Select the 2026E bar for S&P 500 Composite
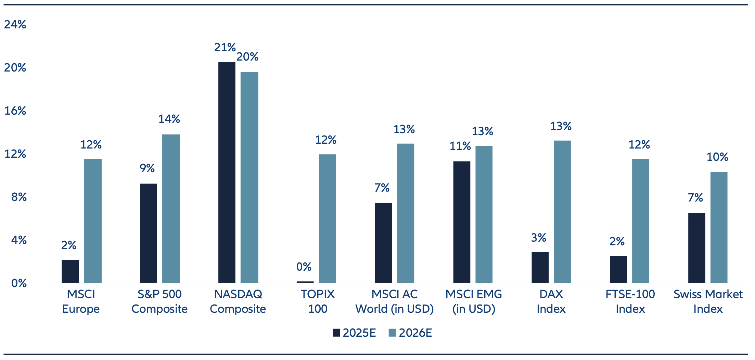point(171,208)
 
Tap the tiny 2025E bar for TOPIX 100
point(305,282)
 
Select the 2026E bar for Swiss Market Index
point(719,227)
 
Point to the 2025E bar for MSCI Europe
point(70,271)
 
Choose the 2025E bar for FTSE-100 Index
point(618,269)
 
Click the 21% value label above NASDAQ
point(225,48)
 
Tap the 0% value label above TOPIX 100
point(304,267)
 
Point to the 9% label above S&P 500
point(147,168)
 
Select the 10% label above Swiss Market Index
point(717,157)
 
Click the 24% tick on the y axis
point(15,25)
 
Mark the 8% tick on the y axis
point(19,197)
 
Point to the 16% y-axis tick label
point(15,111)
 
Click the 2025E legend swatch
point(336,333)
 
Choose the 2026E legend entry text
point(415,333)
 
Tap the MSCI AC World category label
point(395,301)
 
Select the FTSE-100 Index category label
point(630,301)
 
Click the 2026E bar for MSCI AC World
point(406,213)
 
